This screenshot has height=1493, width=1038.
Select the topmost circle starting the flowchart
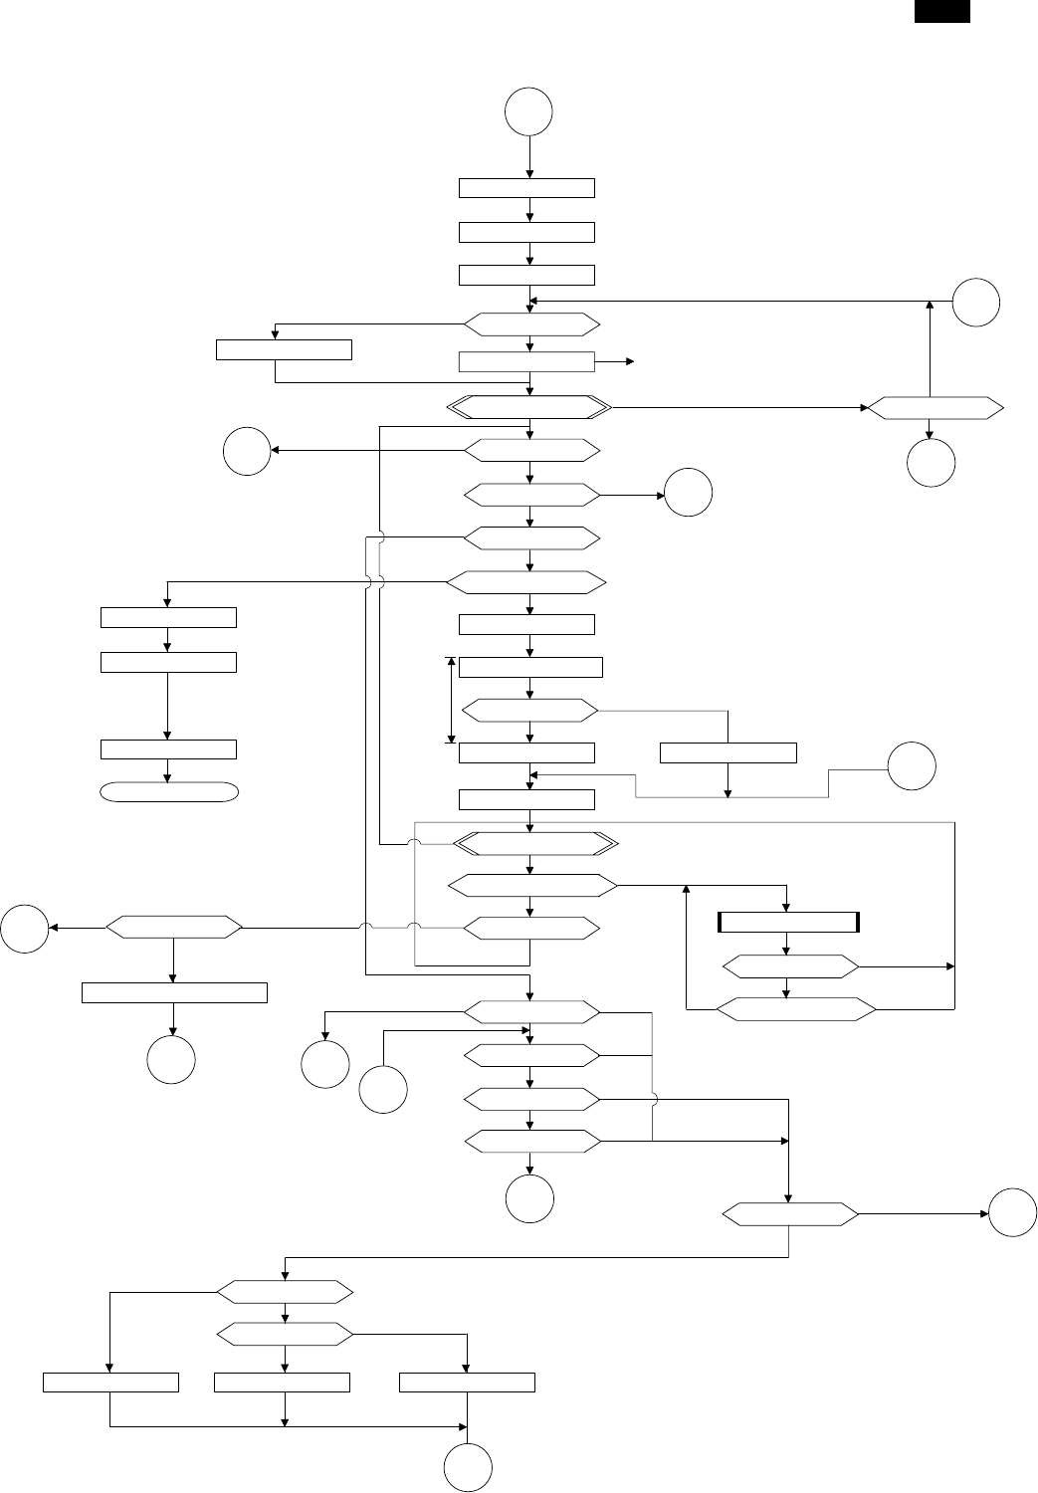tap(528, 112)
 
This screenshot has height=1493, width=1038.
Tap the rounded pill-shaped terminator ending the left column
tap(168, 791)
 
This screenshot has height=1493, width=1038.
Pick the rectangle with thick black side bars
tap(788, 922)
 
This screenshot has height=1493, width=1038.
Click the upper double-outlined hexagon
tap(528, 407)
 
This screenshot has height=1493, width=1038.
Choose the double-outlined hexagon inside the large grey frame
tap(535, 844)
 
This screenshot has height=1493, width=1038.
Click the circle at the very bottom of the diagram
tap(468, 1469)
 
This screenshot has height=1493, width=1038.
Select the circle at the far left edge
tap(26, 928)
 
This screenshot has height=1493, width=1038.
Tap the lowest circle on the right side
tap(1013, 1213)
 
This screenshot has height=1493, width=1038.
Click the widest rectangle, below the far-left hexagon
tap(174, 992)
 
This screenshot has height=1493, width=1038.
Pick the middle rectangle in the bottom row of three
tap(283, 1383)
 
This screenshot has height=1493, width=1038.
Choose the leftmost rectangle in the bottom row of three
tap(111, 1383)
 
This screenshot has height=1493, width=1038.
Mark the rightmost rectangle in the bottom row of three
tap(467, 1383)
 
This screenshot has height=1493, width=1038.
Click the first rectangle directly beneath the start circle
tap(526, 188)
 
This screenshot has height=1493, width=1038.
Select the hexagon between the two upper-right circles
tap(934, 407)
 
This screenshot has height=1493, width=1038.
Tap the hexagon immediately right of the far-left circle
tap(174, 928)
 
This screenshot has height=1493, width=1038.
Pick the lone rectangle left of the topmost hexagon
tap(285, 350)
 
